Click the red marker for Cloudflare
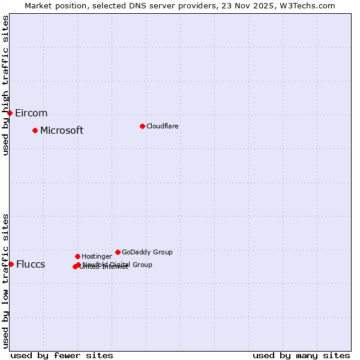[x=142, y=126]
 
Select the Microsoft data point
[x=35, y=130]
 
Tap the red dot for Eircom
[x=10, y=113]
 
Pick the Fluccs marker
[x=11, y=264]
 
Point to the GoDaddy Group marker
[x=118, y=252]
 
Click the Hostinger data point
[x=77, y=256]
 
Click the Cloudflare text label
[x=163, y=126]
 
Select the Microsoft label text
[x=62, y=130]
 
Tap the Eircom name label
[x=31, y=113]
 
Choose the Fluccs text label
[x=31, y=265]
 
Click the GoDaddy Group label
[x=147, y=252]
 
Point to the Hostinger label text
[x=97, y=256]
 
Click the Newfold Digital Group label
[x=118, y=265]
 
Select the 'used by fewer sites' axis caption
[x=62, y=355]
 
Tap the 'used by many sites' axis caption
[x=301, y=355]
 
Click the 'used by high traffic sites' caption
[x=6, y=85]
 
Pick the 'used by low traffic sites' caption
[x=6, y=280]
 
